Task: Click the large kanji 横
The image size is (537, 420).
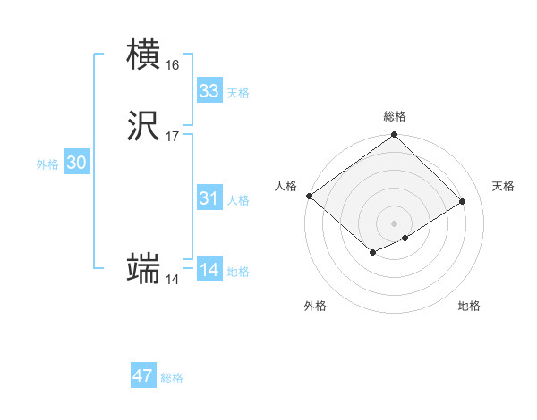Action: click(143, 55)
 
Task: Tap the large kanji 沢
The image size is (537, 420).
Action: click(144, 128)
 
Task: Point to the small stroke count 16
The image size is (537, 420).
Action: click(173, 65)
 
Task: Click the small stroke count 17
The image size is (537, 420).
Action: click(173, 137)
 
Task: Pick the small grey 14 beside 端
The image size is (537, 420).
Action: click(172, 280)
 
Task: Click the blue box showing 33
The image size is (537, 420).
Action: click(209, 91)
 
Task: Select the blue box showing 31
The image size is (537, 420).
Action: click(209, 198)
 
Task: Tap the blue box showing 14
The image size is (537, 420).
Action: click(209, 270)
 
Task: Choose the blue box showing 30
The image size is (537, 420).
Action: click(77, 163)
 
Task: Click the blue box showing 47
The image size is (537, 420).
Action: click(143, 376)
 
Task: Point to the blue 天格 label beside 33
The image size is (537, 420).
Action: click(238, 93)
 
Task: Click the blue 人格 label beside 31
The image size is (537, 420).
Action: click(238, 200)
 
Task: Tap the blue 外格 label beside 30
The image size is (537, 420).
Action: click(47, 164)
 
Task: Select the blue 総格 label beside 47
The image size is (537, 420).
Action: click(172, 378)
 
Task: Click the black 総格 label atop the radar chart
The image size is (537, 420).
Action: click(395, 116)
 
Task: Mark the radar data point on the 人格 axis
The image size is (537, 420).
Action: click(309, 196)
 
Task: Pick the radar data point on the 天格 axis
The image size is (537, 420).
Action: click(463, 201)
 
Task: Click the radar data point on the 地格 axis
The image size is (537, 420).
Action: click(405, 238)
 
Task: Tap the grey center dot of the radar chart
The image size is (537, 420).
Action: click(394, 223)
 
